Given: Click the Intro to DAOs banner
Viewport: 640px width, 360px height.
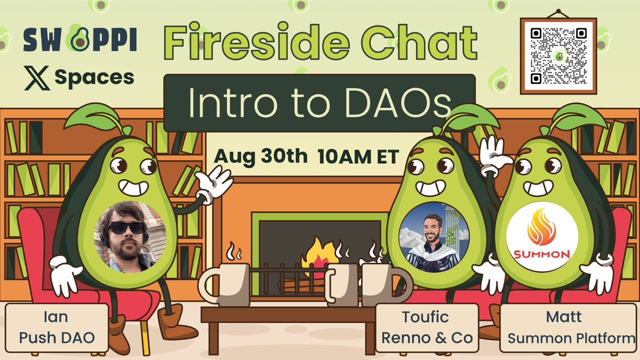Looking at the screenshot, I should (319, 103).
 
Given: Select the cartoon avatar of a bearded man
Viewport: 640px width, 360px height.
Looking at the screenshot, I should (434, 234).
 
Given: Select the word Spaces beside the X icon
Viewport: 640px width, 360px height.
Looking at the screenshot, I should (94, 78).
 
